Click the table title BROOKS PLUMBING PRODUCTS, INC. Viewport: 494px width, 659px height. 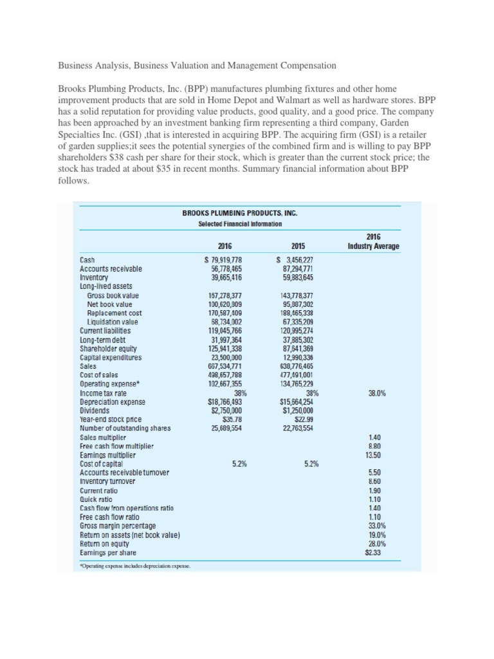click(x=240, y=212)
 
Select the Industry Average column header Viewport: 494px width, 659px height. click(x=373, y=242)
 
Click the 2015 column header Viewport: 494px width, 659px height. click(x=297, y=246)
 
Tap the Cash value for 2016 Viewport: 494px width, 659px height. click(x=223, y=260)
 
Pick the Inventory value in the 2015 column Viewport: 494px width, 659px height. click(x=294, y=277)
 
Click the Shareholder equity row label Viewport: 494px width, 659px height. click(x=107, y=348)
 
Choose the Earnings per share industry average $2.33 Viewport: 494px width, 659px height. click(x=374, y=552)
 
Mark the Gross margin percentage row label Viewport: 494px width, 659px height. click(x=118, y=526)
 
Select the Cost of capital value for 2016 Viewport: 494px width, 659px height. click(x=229, y=463)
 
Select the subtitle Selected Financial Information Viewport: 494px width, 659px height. click(x=240, y=223)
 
